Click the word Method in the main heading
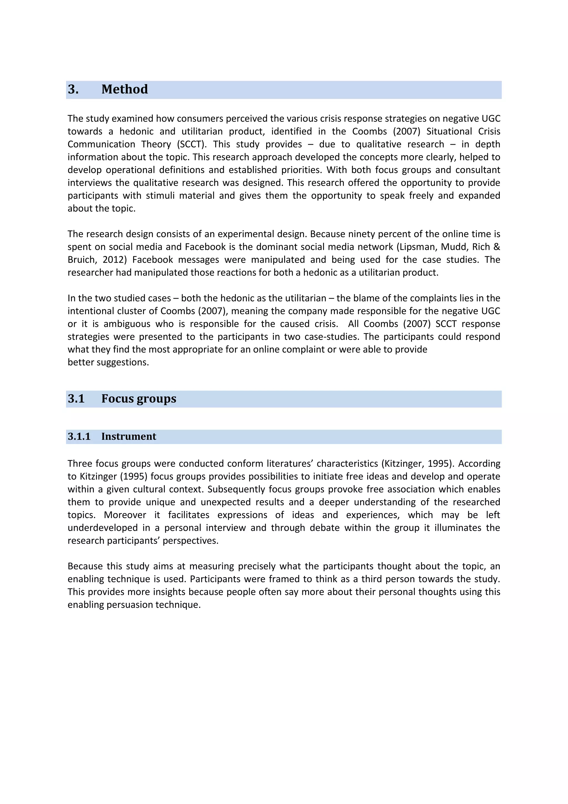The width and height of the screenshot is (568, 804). pyautogui.click(x=125, y=89)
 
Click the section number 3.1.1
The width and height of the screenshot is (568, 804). pyautogui.click(x=79, y=436)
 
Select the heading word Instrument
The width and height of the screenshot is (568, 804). pyautogui.click(x=129, y=436)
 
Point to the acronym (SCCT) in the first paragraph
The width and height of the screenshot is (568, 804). pyautogui.click(x=192, y=144)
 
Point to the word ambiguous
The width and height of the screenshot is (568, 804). pyautogui.click(x=127, y=324)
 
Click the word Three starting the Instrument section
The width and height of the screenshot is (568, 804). pyautogui.click(x=80, y=464)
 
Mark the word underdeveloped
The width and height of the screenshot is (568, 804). pyautogui.click(x=102, y=528)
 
